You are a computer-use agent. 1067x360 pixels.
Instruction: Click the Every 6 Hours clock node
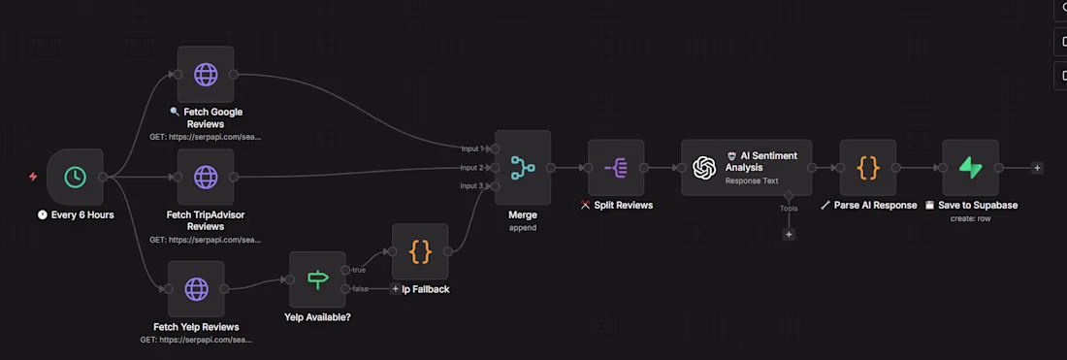click(75, 177)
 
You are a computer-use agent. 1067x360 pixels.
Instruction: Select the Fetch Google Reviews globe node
click(206, 74)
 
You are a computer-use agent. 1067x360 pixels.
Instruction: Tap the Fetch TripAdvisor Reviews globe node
click(206, 177)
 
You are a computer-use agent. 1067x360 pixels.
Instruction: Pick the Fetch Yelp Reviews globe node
click(196, 288)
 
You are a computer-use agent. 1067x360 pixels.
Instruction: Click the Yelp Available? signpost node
click(317, 279)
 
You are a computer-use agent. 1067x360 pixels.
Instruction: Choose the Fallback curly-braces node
click(420, 251)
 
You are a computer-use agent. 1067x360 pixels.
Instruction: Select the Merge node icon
click(523, 167)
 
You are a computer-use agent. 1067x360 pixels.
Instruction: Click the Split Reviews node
click(616, 167)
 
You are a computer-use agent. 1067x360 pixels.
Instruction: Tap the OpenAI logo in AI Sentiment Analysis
click(704, 167)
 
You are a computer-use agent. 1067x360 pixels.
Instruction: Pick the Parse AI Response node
click(868, 167)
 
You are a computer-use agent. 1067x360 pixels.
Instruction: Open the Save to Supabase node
click(971, 167)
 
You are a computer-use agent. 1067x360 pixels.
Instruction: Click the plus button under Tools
click(789, 234)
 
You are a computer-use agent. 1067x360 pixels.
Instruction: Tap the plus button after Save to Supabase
click(1037, 168)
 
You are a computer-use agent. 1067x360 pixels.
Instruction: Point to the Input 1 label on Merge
click(472, 148)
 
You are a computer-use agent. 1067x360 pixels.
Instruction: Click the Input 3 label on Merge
click(472, 185)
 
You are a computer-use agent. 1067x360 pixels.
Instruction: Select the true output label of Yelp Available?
click(360, 269)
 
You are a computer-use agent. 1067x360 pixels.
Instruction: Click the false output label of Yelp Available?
click(360, 289)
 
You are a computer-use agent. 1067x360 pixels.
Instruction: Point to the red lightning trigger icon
click(34, 177)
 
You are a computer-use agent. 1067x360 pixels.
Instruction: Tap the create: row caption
click(970, 218)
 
